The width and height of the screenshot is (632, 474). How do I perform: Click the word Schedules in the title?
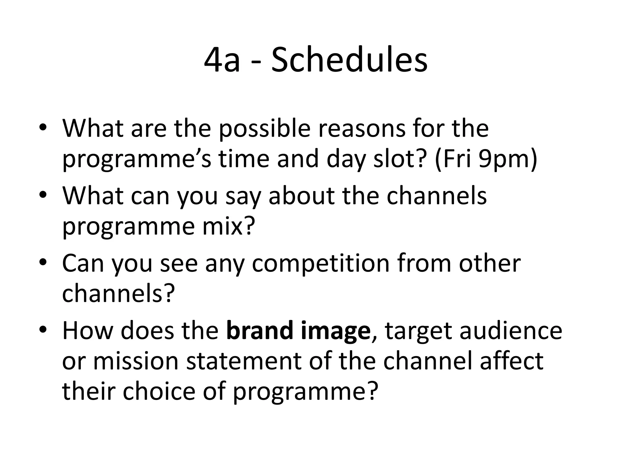point(349,60)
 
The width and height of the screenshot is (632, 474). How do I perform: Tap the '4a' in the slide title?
point(222,60)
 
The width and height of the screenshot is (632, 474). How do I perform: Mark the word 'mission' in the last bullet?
point(136,361)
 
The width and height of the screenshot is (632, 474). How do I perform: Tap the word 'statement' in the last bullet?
point(244,361)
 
